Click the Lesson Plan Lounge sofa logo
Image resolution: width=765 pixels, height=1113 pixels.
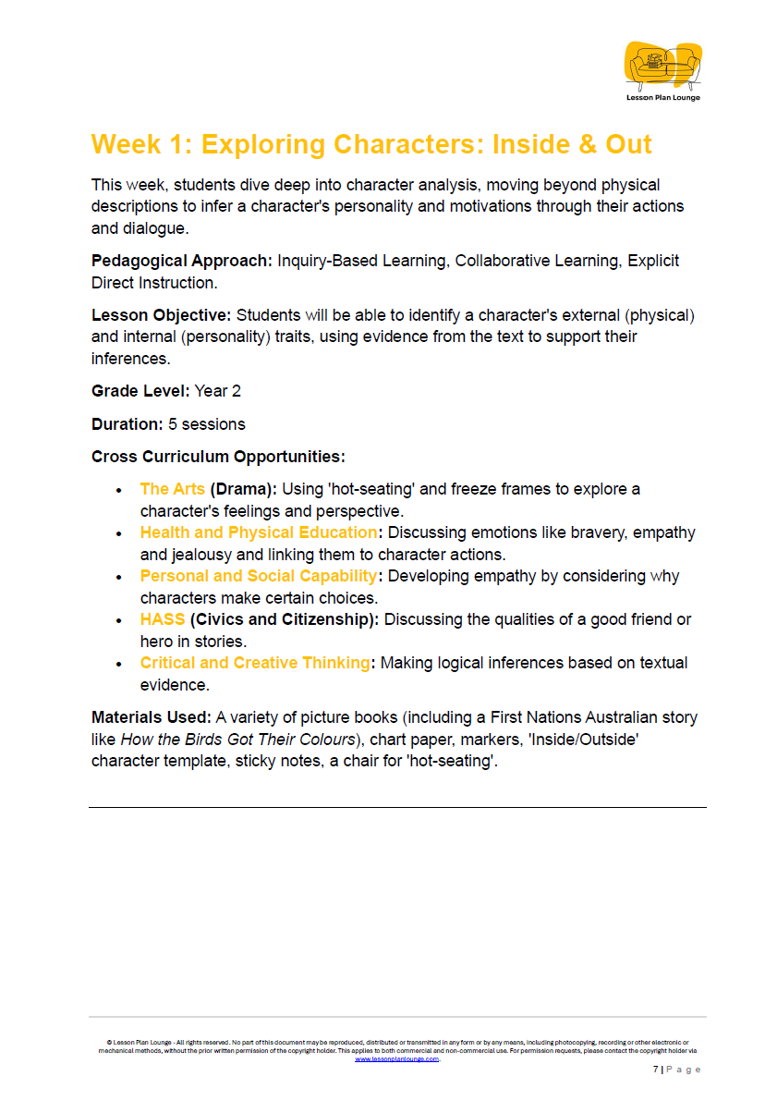[x=662, y=66]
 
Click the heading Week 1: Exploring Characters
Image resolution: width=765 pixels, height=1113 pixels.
[x=371, y=144]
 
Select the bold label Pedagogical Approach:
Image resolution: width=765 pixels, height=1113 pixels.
[x=182, y=261]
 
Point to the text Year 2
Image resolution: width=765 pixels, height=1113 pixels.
[x=217, y=391]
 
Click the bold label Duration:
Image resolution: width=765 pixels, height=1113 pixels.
[x=127, y=424]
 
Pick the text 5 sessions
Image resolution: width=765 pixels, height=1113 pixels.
[x=207, y=424]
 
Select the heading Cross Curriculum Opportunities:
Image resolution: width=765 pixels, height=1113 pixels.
[x=218, y=457]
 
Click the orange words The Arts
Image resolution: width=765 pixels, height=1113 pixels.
[x=172, y=489]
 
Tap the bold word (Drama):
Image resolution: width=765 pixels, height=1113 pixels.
[x=243, y=489]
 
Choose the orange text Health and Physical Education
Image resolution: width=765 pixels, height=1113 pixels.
[x=259, y=532]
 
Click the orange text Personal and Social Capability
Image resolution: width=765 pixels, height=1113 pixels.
[x=259, y=576]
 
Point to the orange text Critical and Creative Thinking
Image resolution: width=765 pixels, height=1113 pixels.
[x=254, y=663]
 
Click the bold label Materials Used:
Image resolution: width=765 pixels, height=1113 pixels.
[x=152, y=717]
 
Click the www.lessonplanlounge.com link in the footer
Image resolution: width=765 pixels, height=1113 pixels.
[x=396, y=1058]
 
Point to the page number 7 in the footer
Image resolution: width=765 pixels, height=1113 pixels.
[x=655, y=1070]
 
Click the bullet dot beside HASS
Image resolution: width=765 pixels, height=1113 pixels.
[x=119, y=620]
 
